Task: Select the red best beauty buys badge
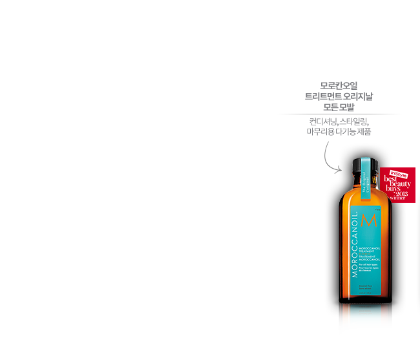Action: click(397, 184)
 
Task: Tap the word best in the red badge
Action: click(391, 178)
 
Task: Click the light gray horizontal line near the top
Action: click(339, 114)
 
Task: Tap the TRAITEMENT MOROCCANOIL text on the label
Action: click(371, 256)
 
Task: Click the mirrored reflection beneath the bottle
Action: click(366, 321)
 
